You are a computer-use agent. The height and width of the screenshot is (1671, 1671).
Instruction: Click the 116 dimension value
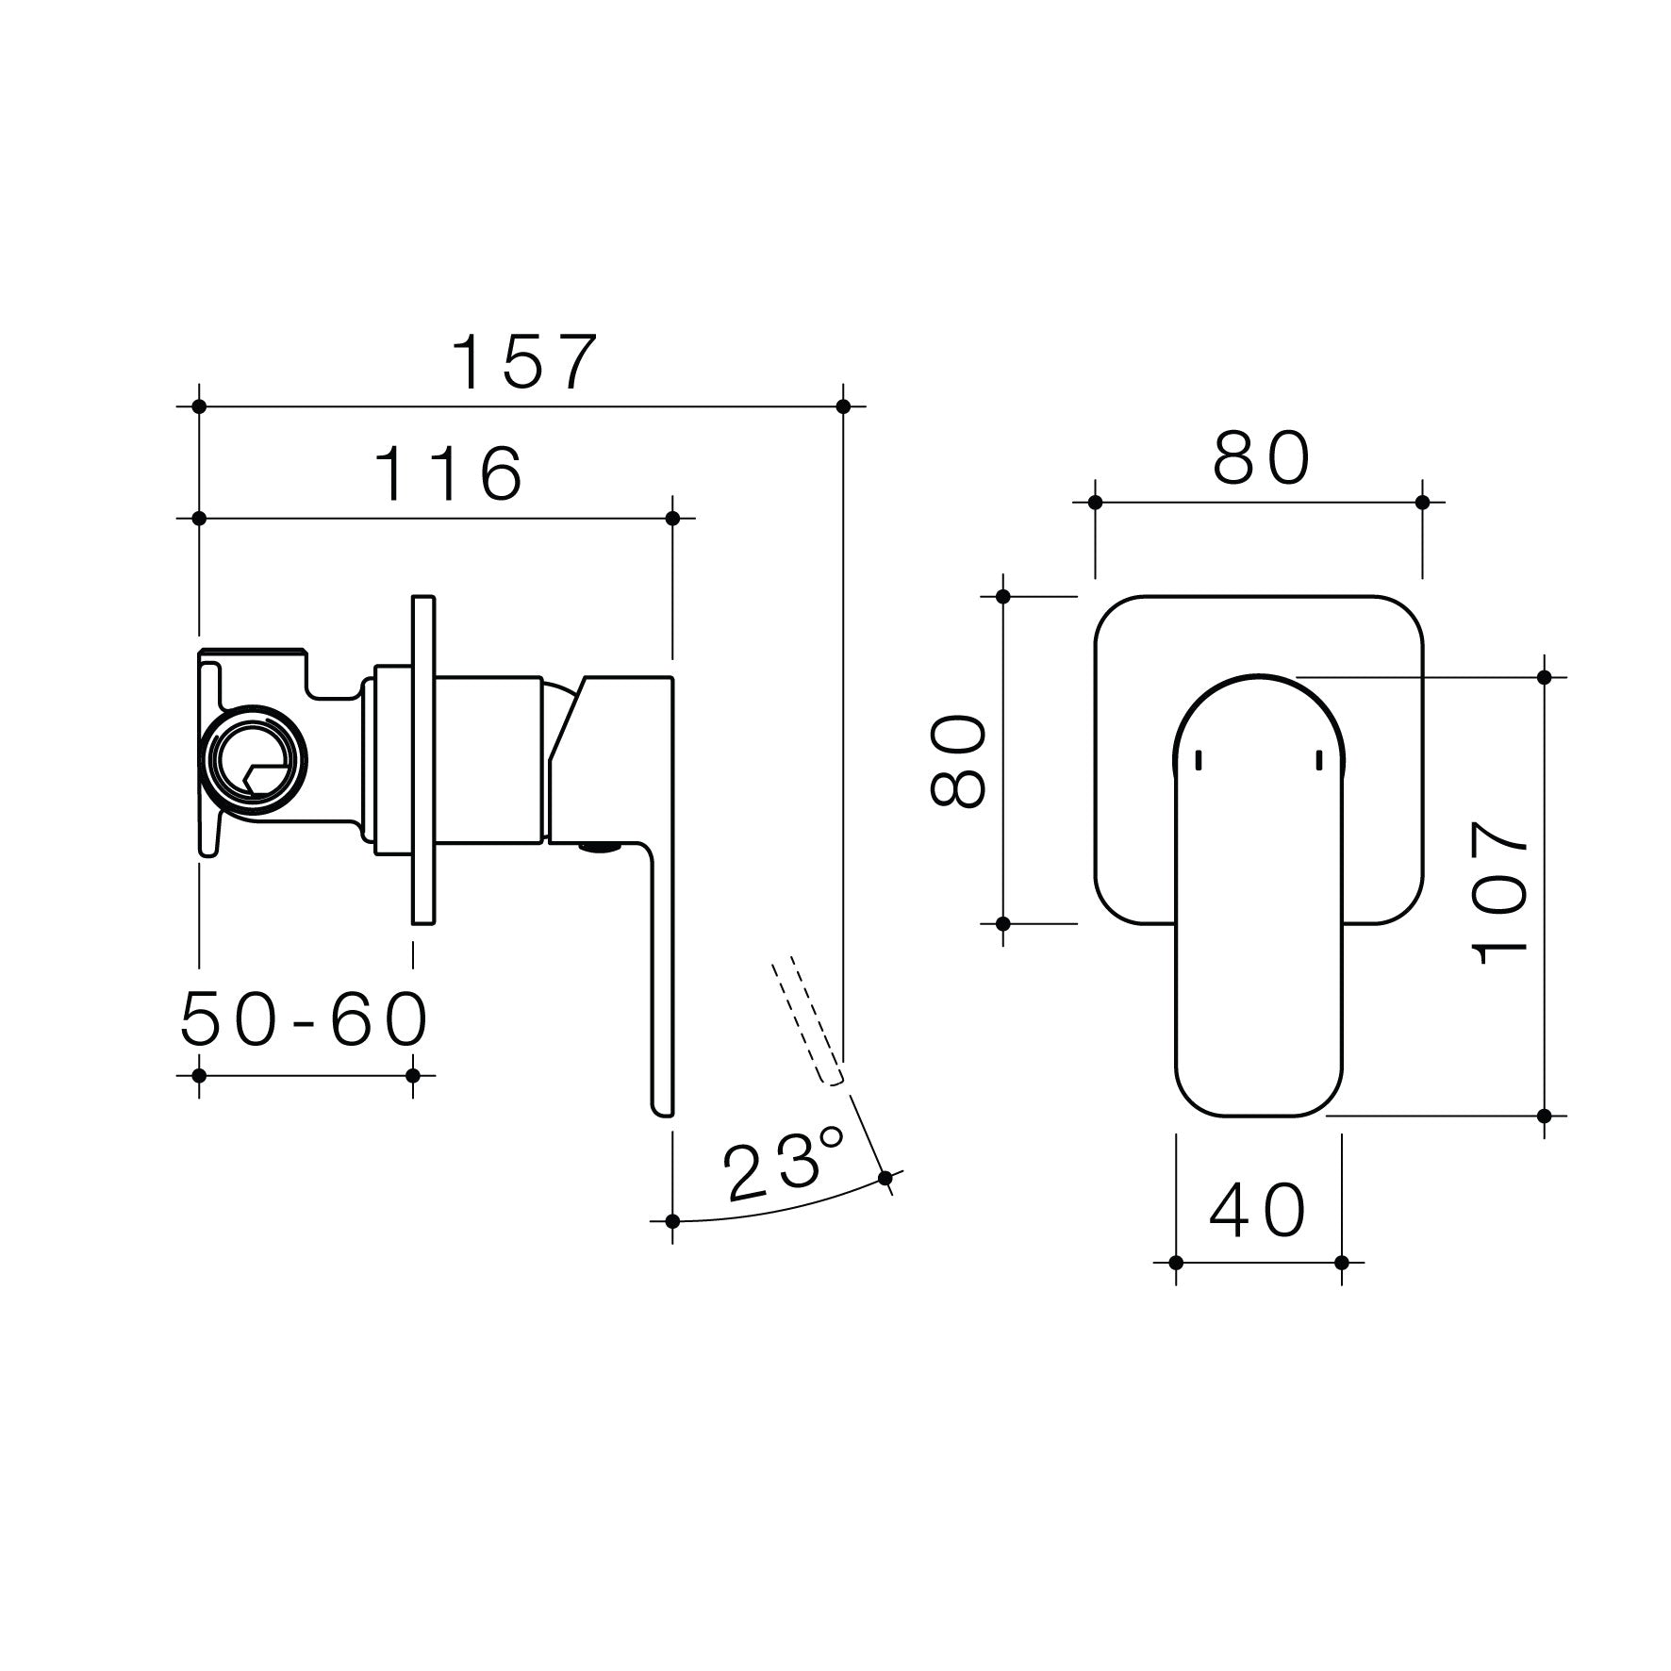[449, 473]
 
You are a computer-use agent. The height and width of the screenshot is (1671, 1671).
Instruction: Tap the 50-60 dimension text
[304, 1020]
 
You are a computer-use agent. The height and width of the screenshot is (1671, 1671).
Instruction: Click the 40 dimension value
[1258, 1212]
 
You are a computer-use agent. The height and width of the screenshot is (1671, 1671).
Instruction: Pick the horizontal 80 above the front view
[1262, 459]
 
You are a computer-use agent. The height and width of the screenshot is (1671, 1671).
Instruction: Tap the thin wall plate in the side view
[423, 759]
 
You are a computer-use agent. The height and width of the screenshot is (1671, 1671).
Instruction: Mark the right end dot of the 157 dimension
[843, 406]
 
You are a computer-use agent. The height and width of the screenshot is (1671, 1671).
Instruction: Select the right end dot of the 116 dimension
[672, 519]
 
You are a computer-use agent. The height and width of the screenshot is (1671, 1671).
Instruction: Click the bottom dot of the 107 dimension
[1544, 1116]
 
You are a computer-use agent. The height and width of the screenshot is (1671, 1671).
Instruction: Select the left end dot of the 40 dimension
[1176, 1263]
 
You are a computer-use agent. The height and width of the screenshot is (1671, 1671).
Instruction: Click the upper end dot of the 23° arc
[885, 1178]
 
